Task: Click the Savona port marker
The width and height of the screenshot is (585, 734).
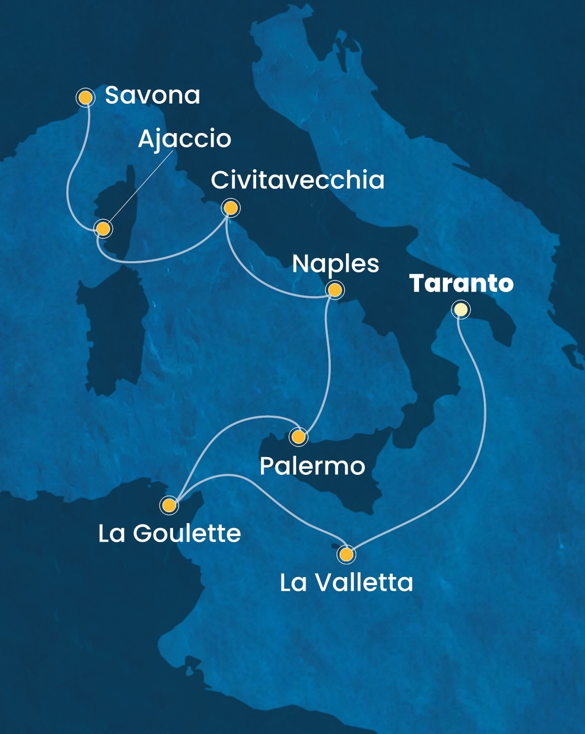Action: [x=86, y=97]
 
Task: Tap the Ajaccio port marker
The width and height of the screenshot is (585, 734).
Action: [x=103, y=229]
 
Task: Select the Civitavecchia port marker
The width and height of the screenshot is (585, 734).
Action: [x=231, y=208]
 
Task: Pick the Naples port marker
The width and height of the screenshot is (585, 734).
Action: [x=335, y=290]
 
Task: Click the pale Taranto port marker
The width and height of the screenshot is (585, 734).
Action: [x=461, y=309]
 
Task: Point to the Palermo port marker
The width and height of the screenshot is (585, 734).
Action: [x=299, y=436]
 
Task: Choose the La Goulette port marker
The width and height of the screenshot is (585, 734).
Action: [x=169, y=505]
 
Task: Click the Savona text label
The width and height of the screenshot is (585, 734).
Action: [x=152, y=95]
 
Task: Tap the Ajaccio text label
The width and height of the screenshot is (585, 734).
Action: [x=184, y=139]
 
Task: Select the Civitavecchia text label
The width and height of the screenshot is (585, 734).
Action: [x=298, y=180]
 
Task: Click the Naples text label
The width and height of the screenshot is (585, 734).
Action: [x=336, y=264]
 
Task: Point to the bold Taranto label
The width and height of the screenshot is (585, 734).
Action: [x=461, y=283]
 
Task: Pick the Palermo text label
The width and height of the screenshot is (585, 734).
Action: [x=312, y=466]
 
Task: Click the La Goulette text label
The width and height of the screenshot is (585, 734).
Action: [x=170, y=534]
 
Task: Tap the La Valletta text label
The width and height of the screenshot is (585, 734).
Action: [x=347, y=583]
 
